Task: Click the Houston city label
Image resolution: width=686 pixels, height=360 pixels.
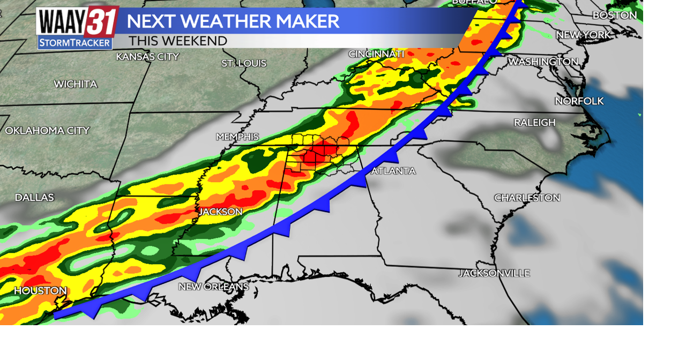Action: [x=40, y=291]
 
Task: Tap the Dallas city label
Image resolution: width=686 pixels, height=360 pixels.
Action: [x=34, y=198]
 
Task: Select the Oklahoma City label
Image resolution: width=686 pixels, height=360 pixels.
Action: [x=47, y=131]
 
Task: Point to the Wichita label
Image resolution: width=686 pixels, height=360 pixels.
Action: [x=76, y=84]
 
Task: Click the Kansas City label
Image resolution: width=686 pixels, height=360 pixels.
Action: [x=147, y=57]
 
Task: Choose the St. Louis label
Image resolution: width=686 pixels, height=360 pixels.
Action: [x=244, y=64]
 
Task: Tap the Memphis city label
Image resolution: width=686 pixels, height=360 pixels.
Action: [x=237, y=137]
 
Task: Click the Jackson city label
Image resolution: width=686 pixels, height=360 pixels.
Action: [x=221, y=212]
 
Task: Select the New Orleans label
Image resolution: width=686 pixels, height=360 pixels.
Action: [x=213, y=287]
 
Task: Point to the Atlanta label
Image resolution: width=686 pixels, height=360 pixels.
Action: [x=393, y=171]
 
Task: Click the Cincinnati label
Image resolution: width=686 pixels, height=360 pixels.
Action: [x=376, y=54]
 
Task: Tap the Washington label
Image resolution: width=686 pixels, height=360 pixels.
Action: [x=543, y=62]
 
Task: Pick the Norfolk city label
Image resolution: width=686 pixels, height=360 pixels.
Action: [x=579, y=101]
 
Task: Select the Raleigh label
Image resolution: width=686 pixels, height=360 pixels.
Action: [x=534, y=123]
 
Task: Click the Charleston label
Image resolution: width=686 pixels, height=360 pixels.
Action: [x=527, y=198]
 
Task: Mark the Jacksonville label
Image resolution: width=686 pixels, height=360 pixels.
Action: [x=494, y=273]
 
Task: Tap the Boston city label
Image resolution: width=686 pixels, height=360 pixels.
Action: [x=614, y=16]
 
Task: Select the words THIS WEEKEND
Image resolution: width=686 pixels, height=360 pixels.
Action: [x=178, y=41]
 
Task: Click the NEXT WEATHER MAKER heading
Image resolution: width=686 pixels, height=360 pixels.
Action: [x=233, y=21]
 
